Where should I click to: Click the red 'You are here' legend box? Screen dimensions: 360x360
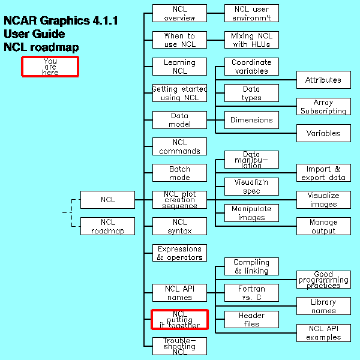click(50, 67)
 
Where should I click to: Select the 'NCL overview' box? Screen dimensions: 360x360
click(179, 13)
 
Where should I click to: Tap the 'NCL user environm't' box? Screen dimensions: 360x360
click(251, 13)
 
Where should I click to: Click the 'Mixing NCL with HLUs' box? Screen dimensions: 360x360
click(251, 40)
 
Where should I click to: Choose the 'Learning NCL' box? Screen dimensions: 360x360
click(179, 67)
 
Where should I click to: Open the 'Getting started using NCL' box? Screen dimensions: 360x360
click(179, 93)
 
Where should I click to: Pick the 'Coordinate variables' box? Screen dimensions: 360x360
click(251, 67)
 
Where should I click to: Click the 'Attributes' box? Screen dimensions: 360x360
click(323, 80)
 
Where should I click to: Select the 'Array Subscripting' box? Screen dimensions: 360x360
click(323, 107)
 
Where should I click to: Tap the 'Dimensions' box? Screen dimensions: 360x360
click(251, 120)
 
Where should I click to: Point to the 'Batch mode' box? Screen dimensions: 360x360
click(179, 173)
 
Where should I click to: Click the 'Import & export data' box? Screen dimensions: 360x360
click(323, 173)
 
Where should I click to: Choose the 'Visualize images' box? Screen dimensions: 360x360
click(323, 200)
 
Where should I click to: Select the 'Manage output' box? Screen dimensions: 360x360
click(323, 226)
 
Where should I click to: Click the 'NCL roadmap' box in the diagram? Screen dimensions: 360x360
click(107, 226)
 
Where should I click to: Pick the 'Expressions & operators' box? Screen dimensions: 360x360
click(179, 253)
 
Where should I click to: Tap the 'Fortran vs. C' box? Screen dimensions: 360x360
click(251, 293)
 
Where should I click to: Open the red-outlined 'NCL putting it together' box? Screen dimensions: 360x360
click(179, 319)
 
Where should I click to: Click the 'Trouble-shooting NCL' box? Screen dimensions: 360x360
click(179, 346)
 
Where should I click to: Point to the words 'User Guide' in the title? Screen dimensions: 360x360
click(34, 34)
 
